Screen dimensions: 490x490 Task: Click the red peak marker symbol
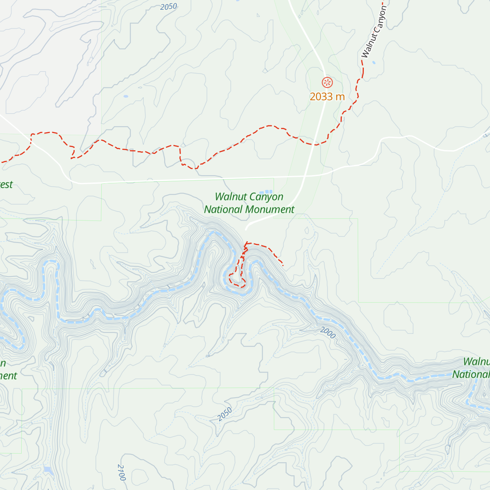(327, 82)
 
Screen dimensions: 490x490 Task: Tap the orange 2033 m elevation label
(327, 97)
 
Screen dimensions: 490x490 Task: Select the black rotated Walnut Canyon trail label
(374, 32)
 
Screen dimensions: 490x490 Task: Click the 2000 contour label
(327, 333)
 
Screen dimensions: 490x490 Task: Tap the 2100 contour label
(122, 472)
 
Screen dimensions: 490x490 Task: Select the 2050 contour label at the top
(169, 7)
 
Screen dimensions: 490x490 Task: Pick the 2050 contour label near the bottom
(225, 414)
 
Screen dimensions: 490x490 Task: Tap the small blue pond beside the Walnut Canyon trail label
(374, 62)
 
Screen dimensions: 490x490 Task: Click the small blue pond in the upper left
(125, 96)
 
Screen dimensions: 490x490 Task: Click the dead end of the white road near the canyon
(246, 230)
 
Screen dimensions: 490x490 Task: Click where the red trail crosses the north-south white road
(314, 144)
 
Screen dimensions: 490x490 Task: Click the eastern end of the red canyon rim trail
(283, 265)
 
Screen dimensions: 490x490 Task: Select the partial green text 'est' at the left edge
(6, 185)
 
